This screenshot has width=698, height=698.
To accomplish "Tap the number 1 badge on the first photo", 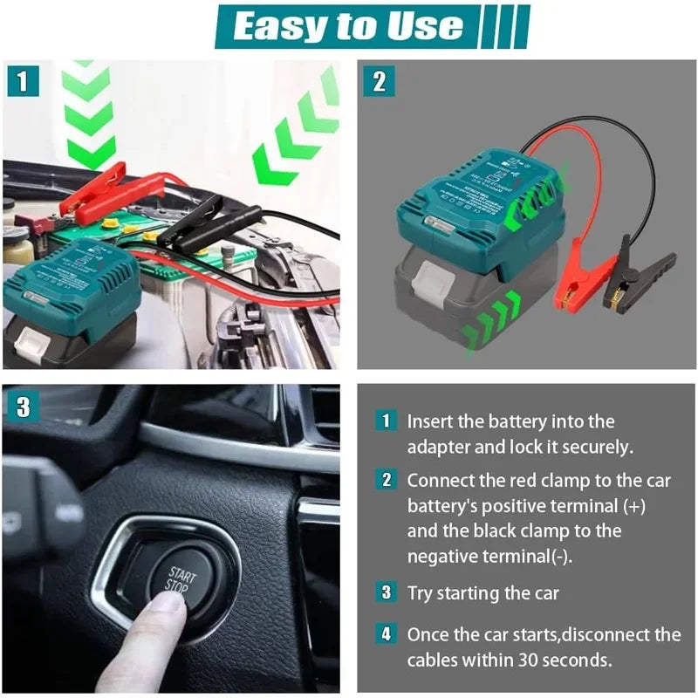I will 23,81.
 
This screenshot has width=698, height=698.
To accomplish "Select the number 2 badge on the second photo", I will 379,81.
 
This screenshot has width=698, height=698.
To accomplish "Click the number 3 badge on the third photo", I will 23,407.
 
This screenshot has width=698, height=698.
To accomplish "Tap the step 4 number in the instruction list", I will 386,634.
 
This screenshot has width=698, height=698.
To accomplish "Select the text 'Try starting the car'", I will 482,593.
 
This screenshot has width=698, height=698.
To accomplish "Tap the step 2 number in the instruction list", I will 386,480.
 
